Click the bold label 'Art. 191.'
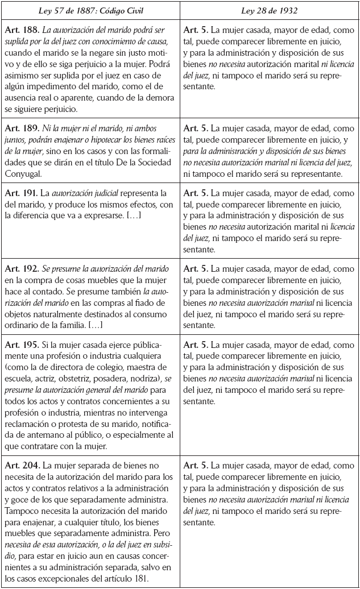click(x=19, y=194)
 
